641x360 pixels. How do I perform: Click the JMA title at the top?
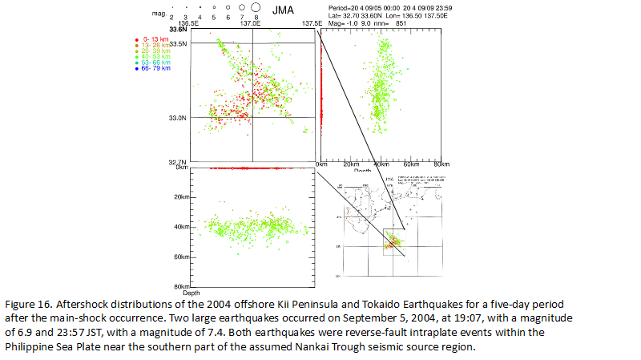282,10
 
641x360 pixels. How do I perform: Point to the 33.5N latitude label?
176,43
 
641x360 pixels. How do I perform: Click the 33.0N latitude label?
176,118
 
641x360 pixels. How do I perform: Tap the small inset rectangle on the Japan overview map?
394,240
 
